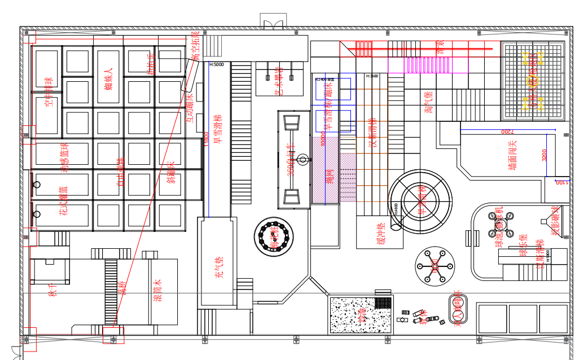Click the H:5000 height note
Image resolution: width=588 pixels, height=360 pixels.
click(217, 64)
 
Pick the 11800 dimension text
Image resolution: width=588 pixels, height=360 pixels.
click(207, 139)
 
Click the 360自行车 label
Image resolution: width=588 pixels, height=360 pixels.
click(291, 160)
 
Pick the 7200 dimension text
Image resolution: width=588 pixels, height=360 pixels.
click(507, 131)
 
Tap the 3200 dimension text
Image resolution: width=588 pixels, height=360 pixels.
click(545, 155)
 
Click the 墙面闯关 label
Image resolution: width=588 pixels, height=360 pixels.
click(512, 156)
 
